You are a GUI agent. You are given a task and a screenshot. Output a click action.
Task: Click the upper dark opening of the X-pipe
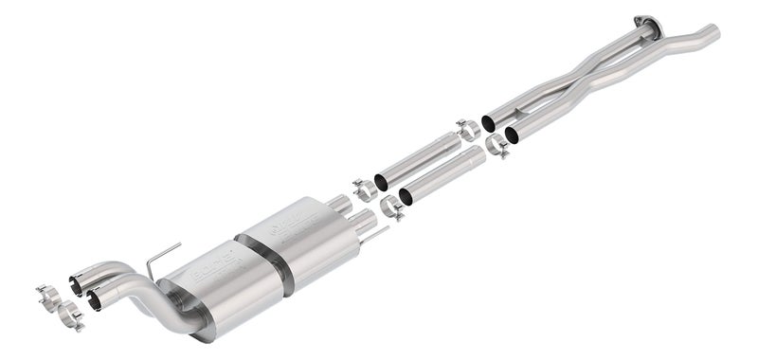489,122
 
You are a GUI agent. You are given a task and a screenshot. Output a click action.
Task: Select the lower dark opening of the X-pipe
513,135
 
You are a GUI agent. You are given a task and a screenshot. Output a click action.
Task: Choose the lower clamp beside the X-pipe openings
497,147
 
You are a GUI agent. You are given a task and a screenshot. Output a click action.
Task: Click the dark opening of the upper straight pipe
381,181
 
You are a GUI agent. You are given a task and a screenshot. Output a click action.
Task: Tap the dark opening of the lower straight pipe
406,197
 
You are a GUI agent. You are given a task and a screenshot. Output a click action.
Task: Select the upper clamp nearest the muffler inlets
364,189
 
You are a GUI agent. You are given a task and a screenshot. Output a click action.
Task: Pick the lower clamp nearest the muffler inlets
390,207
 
